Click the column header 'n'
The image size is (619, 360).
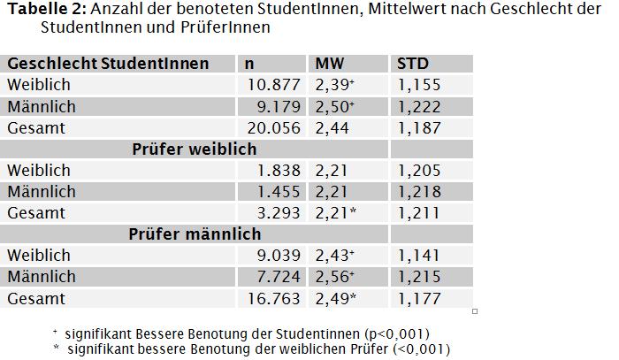click(249, 64)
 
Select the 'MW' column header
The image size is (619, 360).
click(330, 64)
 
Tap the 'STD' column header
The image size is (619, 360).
click(413, 64)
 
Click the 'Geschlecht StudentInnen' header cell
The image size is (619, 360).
click(108, 64)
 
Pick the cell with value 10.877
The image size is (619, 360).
click(273, 85)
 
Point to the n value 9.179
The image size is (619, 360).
click(279, 106)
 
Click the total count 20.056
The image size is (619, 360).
click(273, 128)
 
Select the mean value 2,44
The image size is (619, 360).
click(332, 128)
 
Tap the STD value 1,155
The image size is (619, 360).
click(419, 85)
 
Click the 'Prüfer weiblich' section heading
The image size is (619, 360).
click(195, 149)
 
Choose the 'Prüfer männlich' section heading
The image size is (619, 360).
click(195, 234)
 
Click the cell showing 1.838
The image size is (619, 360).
click(279, 171)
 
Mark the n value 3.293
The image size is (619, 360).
click(279, 213)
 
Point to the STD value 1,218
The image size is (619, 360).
click(419, 192)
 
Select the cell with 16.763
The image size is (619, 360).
click(273, 299)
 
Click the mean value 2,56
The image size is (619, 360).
click(332, 277)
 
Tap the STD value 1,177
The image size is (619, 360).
click(419, 299)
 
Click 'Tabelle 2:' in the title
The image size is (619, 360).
click(47, 9)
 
